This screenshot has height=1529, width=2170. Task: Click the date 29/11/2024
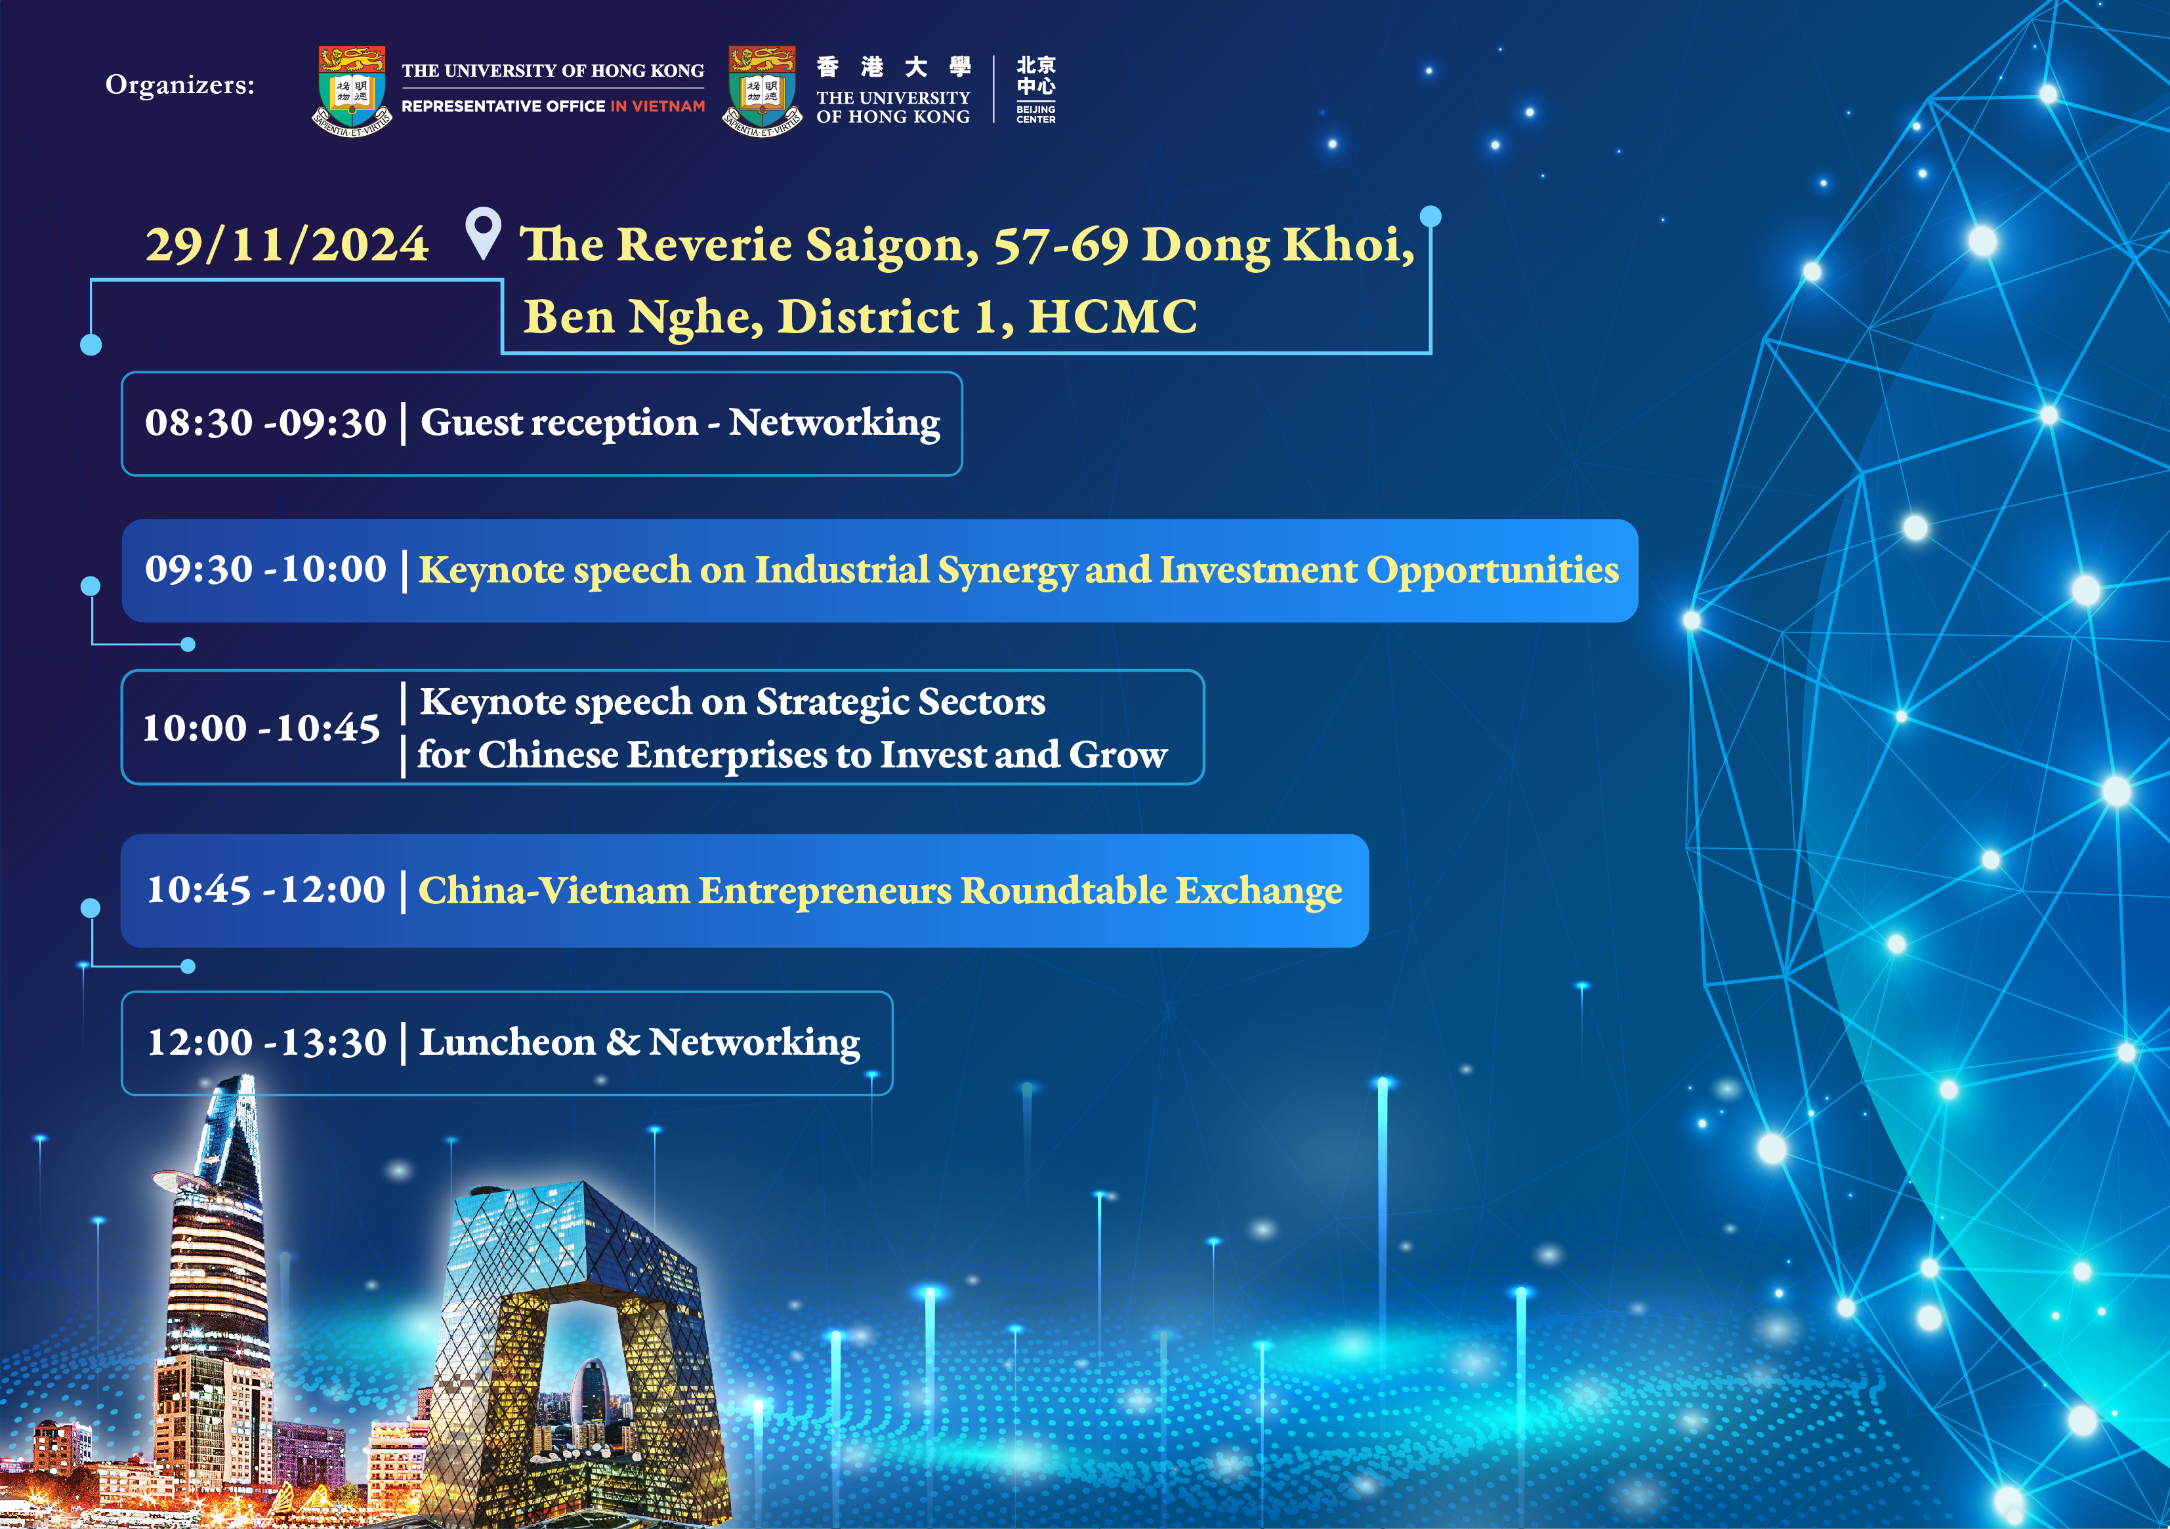pyautogui.click(x=286, y=245)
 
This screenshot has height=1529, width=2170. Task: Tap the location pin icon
pyautogui.click(x=483, y=232)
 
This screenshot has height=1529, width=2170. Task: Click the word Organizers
pyautogui.click(x=180, y=85)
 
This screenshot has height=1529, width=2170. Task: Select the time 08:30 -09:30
pyautogui.click(x=266, y=422)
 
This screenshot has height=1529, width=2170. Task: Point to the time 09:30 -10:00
pyautogui.click(x=266, y=569)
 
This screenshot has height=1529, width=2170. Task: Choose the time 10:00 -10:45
pyautogui.click(x=261, y=727)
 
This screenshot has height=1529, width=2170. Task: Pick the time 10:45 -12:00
pyautogui.click(x=266, y=889)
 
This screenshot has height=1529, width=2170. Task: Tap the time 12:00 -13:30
pyautogui.click(x=266, y=1042)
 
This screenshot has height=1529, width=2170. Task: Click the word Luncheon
pyautogui.click(x=507, y=1042)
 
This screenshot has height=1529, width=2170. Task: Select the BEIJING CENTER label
pyautogui.click(x=1036, y=114)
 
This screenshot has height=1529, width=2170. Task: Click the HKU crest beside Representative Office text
pyautogui.click(x=352, y=91)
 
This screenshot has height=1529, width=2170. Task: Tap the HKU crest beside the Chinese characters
pyautogui.click(x=762, y=91)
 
